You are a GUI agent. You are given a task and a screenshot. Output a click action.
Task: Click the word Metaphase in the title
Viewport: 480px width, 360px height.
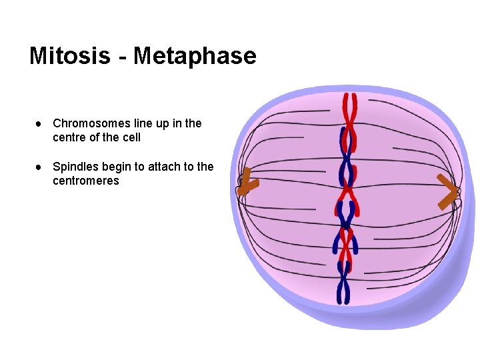195,55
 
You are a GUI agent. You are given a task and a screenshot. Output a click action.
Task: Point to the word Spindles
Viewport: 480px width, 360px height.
74,167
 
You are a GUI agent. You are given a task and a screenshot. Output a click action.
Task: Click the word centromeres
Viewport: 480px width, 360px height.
85,181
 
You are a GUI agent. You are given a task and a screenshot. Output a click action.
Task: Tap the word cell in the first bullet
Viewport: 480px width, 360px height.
131,137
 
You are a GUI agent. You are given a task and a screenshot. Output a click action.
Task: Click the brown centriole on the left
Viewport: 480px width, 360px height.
247,182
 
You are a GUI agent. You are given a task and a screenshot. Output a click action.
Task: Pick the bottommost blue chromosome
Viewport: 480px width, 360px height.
343,283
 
